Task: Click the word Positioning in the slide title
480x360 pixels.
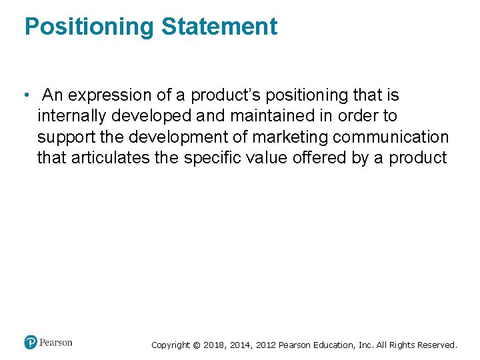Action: [x=89, y=27]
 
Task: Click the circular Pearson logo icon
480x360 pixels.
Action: [x=31, y=343]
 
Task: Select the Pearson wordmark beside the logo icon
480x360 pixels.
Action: [x=56, y=343]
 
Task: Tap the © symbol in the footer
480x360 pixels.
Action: [x=196, y=345]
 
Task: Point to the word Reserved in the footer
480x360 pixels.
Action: [x=437, y=345]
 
